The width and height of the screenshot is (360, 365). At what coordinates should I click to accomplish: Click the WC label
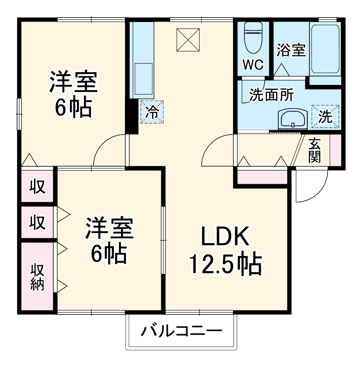(x=254, y=65)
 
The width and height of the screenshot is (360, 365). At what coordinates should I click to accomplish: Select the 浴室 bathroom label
(x=291, y=51)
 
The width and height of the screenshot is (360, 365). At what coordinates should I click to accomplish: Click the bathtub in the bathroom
(x=325, y=48)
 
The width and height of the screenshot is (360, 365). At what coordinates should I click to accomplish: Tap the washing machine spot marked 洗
(x=325, y=117)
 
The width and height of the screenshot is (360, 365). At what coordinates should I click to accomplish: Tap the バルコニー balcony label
(x=181, y=330)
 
